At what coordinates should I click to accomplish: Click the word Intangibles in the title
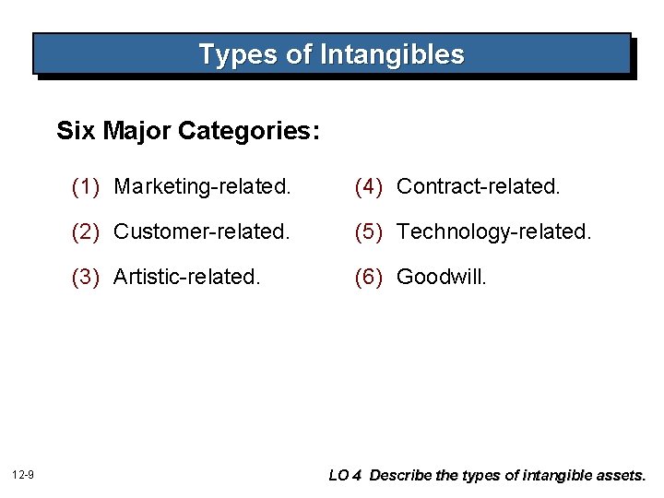[x=392, y=54]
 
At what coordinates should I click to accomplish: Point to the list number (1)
[x=85, y=186]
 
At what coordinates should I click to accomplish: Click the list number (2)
[x=85, y=231]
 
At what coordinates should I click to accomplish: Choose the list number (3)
[x=85, y=277]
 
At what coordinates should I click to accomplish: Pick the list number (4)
[x=368, y=186]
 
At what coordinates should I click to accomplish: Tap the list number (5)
[x=368, y=231]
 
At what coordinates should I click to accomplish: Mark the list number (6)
[x=368, y=277]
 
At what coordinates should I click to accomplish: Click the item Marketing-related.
[x=202, y=186]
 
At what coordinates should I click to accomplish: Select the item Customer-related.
[x=201, y=231]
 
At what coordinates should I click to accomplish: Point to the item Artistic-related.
[x=187, y=277]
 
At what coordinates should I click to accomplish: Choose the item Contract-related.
[x=478, y=186]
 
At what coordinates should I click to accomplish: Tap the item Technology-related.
[x=493, y=231]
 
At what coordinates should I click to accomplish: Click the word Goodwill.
[x=441, y=277]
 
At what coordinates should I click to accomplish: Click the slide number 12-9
[x=24, y=475]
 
